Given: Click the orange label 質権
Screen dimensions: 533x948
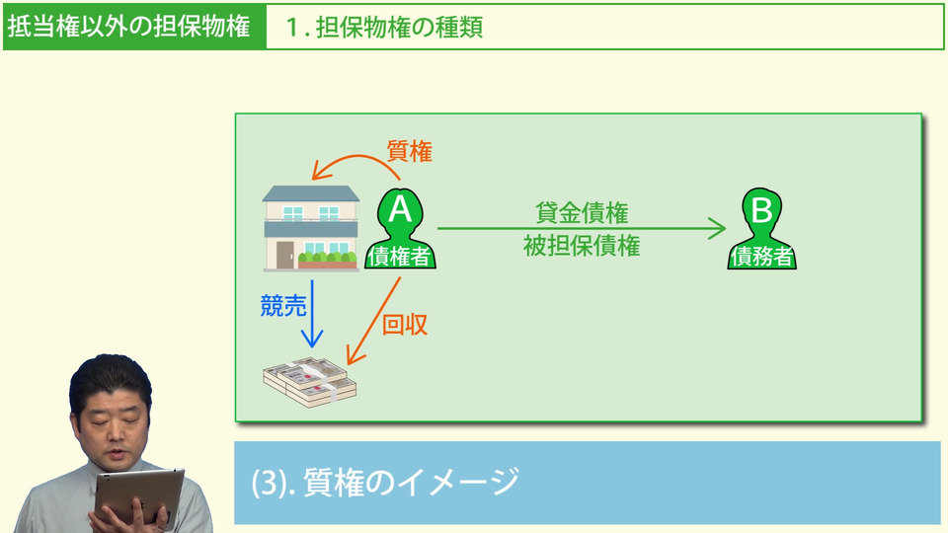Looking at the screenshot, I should coord(409,152).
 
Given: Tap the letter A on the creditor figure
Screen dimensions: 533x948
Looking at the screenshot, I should coord(400,209).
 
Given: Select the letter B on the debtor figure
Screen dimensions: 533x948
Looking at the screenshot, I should coord(761,210).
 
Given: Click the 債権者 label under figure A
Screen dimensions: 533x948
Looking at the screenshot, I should coord(400,257).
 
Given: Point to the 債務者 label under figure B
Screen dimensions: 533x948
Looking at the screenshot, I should coord(761,258).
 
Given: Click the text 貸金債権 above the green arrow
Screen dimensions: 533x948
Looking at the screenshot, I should coord(582,212).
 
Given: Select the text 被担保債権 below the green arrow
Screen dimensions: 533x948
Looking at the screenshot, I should coord(582,247).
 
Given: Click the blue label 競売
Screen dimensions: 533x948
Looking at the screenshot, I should coord(283,307).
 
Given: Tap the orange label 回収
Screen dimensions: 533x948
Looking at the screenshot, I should coord(405,325).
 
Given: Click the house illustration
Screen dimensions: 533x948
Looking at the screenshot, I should coord(310,228).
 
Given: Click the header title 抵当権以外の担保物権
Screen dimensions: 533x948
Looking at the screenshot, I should coord(128,27).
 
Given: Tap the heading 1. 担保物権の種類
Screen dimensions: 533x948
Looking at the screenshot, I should coord(385,28).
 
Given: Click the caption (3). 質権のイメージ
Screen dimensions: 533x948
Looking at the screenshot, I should coord(385,482).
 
